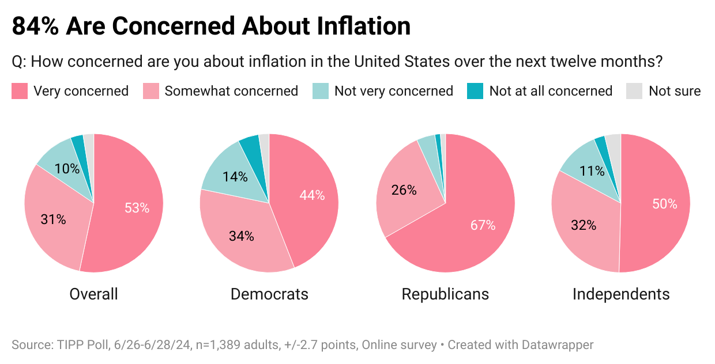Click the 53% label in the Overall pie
[137, 208]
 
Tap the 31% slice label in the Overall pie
[53, 219]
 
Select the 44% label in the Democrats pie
[312, 195]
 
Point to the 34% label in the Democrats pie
[241, 236]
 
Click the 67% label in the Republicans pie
[483, 225]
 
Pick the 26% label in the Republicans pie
[404, 189]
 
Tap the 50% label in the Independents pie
[664, 203]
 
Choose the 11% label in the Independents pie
[592, 170]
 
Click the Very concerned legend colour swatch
[20, 91]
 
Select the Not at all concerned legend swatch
[475, 91]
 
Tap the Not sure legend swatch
[634, 91]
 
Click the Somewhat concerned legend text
[231, 91]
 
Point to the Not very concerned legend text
[394, 91]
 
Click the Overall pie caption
[93, 294]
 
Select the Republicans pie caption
[445, 294]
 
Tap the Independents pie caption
[621, 294]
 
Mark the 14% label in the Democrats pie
[235, 176]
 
